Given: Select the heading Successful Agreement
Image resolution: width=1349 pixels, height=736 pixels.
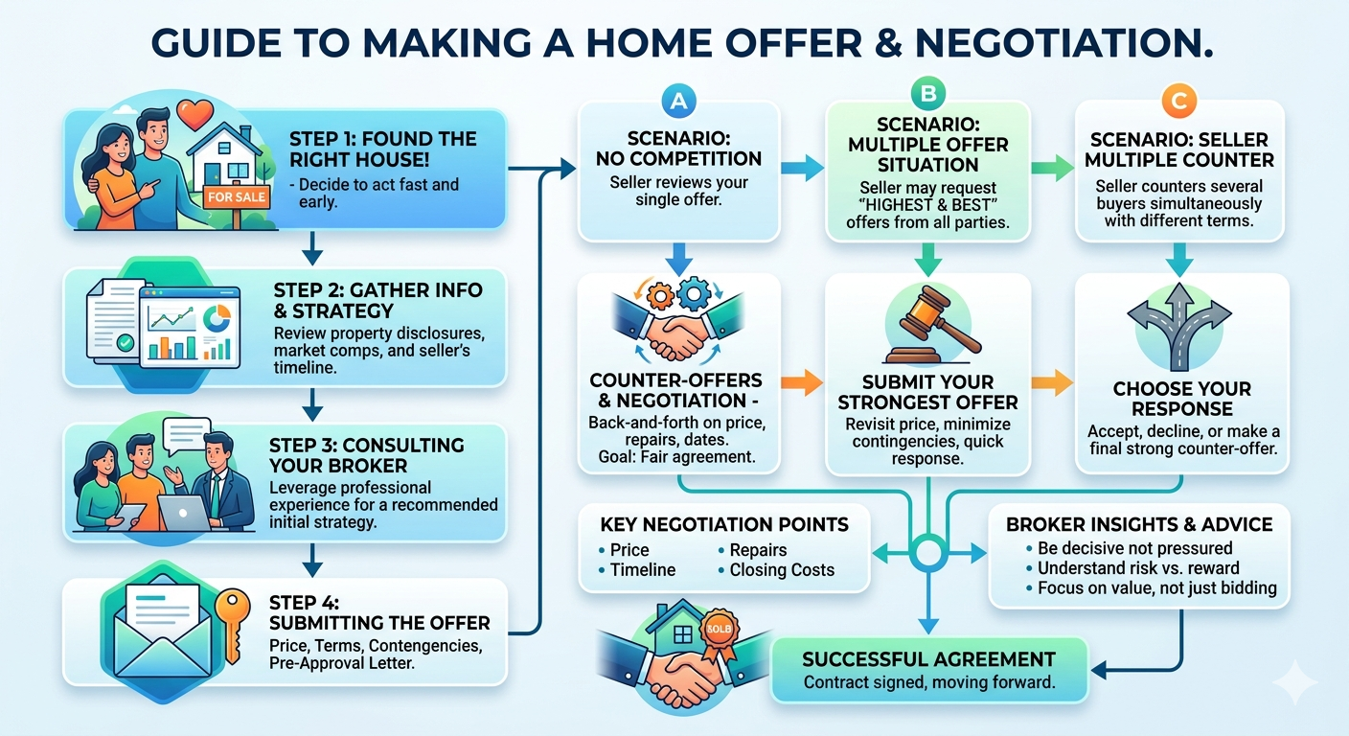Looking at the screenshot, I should pos(928,659).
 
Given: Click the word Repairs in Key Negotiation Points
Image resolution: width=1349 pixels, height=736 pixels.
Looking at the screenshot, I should pos(758,550).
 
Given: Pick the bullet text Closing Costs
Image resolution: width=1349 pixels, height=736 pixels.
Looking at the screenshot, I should pos(782,570).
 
